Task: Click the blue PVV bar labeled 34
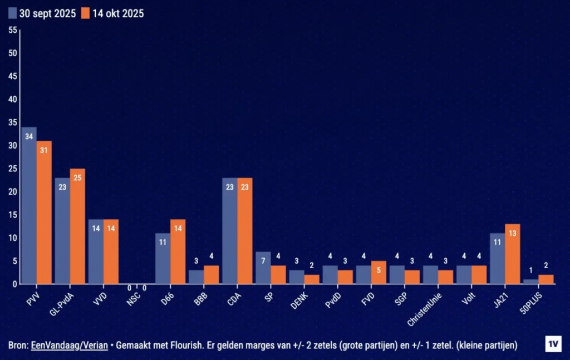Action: click(29, 206)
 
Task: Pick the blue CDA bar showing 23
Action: click(229, 231)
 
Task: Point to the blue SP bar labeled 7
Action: click(263, 268)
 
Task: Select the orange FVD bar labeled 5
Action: click(379, 273)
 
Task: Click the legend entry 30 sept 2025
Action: click(42, 13)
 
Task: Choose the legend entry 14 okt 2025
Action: click(112, 13)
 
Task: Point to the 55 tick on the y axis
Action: click(12, 30)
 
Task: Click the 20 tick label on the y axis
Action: click(12, 192)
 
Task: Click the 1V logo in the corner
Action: click(553, 344)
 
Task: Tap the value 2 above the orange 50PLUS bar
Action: click(546, 266)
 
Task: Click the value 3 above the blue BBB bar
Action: click(196, 262)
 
